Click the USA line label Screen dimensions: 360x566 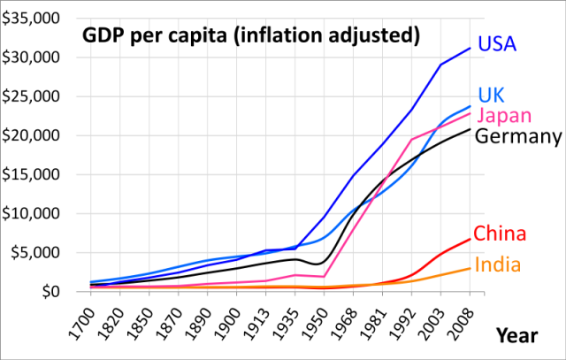(497, 43)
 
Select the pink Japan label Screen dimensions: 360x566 (504, 116)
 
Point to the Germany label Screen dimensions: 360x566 (518, 136)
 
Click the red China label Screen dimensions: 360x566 (500, 234)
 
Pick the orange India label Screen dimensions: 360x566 (497, 264)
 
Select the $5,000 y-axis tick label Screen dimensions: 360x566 (34, 252)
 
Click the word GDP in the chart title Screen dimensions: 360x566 (103, 37)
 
